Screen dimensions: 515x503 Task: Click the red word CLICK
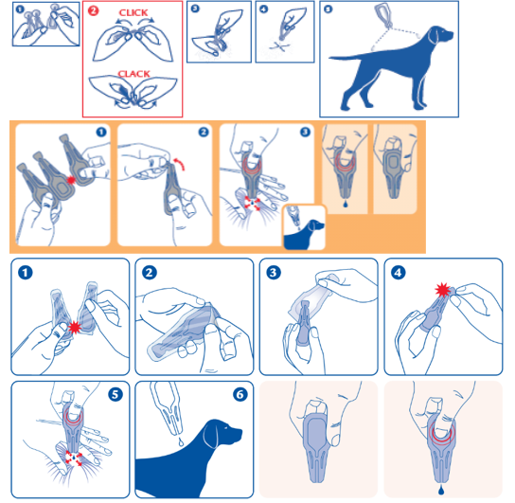click(x=133, y=13)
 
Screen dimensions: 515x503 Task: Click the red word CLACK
click(x=134, y=74)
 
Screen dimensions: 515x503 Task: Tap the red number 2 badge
click(x=94, y=10)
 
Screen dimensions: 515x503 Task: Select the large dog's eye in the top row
click(x=443, y=32)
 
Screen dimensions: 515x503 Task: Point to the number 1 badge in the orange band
click(x=101, y=132)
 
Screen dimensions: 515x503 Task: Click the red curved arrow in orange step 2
click(x=180, y=163)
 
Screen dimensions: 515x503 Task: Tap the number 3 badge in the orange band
click(x=305, y=132)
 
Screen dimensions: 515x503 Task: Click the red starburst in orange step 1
click(x=71, y=180)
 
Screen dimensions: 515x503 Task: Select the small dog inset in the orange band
click(x=305, y=227)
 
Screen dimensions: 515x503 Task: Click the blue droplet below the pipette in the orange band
click(x=345, y=205)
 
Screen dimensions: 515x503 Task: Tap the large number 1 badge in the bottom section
click(x=26, y=273)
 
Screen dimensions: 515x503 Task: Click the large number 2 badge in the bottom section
click(x=150, y=273)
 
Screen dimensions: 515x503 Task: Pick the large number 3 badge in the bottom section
click(x=274, y=273)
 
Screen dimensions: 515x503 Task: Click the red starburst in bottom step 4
click(x=442, y=290)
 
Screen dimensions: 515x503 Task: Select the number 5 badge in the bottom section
click(x=115, y=394)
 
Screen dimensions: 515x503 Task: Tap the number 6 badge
click(x=240, y=394)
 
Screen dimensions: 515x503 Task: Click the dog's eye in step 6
click(x=226, y=428)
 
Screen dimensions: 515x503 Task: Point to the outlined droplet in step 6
click(x=181, y=441)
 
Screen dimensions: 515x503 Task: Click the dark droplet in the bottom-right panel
click(x=441, y=491)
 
